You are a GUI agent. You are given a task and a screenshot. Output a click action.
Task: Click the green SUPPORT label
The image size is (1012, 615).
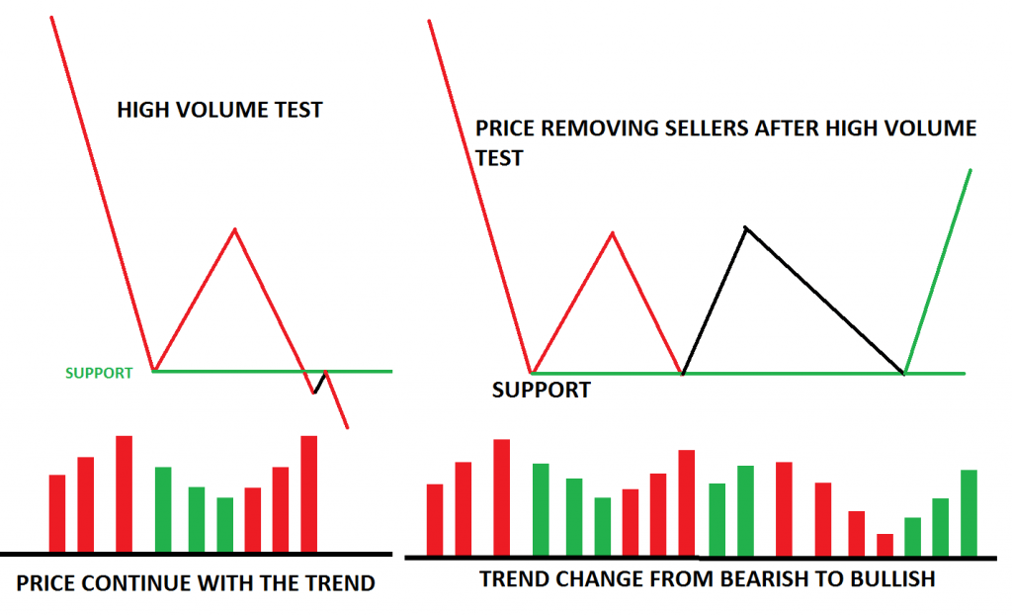[x=98, y=374]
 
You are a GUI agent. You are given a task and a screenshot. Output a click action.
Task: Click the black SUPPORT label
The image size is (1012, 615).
[x=541, y=391]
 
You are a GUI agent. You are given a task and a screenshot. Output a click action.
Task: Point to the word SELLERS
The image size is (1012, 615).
[x=704, y=130]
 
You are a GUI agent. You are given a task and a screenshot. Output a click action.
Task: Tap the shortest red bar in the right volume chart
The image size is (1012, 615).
[x=885, y=545]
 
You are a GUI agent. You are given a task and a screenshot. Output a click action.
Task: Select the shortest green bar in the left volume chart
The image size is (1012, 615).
[x=225, y=524]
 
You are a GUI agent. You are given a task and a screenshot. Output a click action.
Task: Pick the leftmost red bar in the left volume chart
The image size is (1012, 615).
[x=57, y=513]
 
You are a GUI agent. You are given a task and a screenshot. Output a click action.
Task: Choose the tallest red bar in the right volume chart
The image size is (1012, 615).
[x=501, y=497]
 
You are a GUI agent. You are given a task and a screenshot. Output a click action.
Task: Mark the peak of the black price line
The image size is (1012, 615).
[x=746, y=228]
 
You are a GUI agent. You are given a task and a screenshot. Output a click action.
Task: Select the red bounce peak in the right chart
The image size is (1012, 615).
[x=613, y=233]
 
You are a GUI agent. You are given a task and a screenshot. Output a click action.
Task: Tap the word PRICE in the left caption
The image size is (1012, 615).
[x=48, y=583]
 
